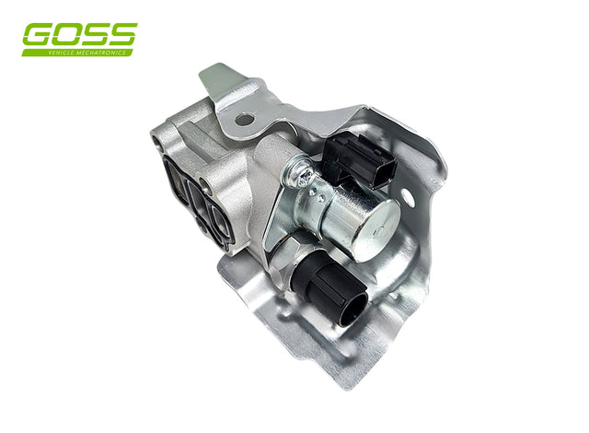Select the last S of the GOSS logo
pos(122,34)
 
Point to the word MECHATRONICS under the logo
pos(100,53)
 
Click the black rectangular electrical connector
pos(360,161)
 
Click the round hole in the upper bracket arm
pos(244,120)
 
